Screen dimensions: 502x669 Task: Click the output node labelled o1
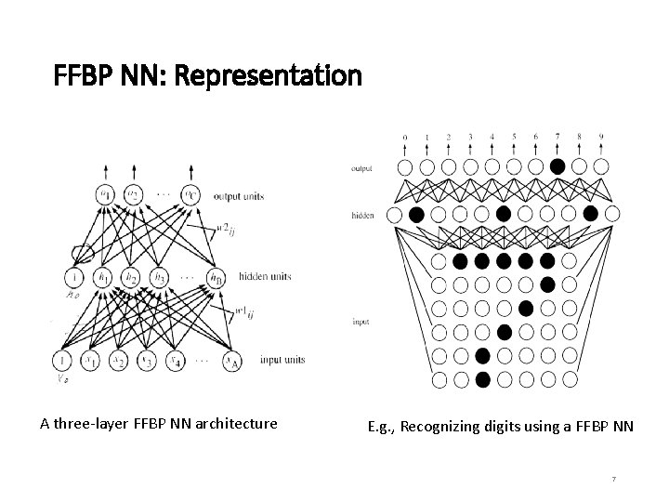click(x=105, y=194)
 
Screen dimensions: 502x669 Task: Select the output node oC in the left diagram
click(x=191, y=194)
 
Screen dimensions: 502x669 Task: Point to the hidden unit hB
click(x=216, y=278)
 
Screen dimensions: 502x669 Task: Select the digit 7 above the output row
click(x=557, y=138)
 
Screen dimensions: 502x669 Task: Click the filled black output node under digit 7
click(x=557, y=167)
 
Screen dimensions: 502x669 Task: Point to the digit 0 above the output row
click(x=405, y=138)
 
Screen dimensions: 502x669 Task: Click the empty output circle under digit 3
click(x=470, y=167)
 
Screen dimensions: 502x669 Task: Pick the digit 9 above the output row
click(x=601, y=138)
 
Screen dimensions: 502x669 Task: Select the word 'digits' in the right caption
click(x=501, y=428)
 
